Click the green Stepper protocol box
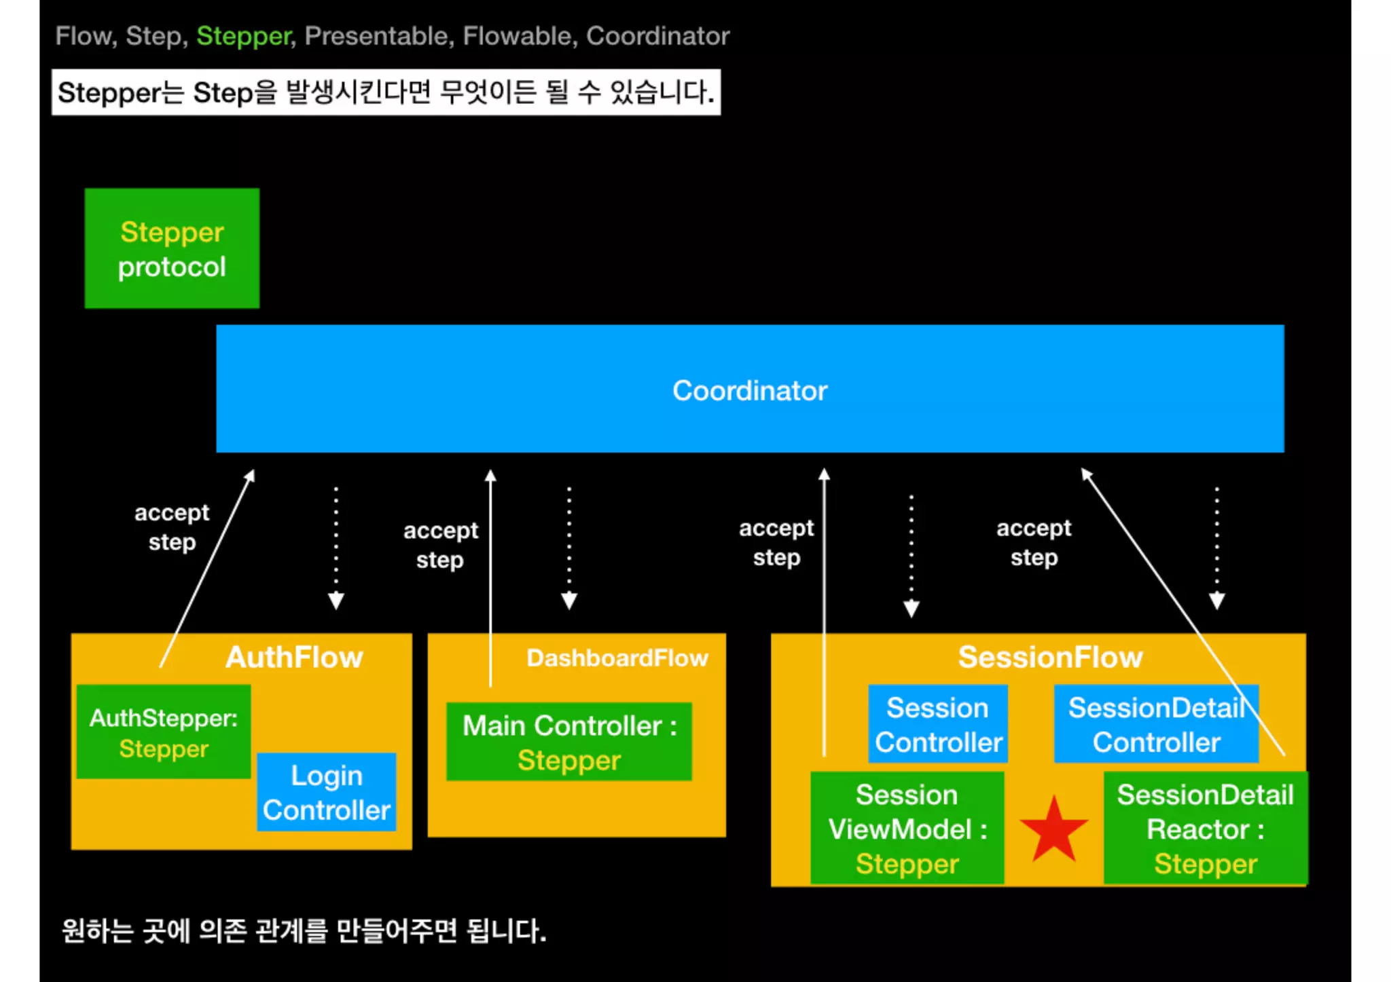(x=172, y=248)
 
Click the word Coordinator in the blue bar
(x=749, y=390)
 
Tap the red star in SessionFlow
(x=1053, y=830)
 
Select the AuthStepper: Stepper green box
(x=164, y=732)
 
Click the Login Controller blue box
(x=327, y=792)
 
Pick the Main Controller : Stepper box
(x=569, y=742)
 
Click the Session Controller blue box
(x=937, y=724)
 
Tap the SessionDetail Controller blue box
(x=1155, y=724)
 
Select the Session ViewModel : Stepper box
(x=907, y=828)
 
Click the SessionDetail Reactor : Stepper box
(x=1205, y=828)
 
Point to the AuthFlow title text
(x=294, y=657)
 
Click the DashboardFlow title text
(x=617, y=658)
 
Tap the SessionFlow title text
(x=1050, y=657)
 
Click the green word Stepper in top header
(x=244, y=35)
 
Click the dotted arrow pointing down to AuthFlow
(x=336, y=547)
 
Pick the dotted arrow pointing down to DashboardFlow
(x=569, y=547)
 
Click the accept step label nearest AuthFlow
(x=172, y=527)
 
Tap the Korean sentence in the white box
(x=386, y=92)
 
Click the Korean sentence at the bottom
(x=304, y=930)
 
